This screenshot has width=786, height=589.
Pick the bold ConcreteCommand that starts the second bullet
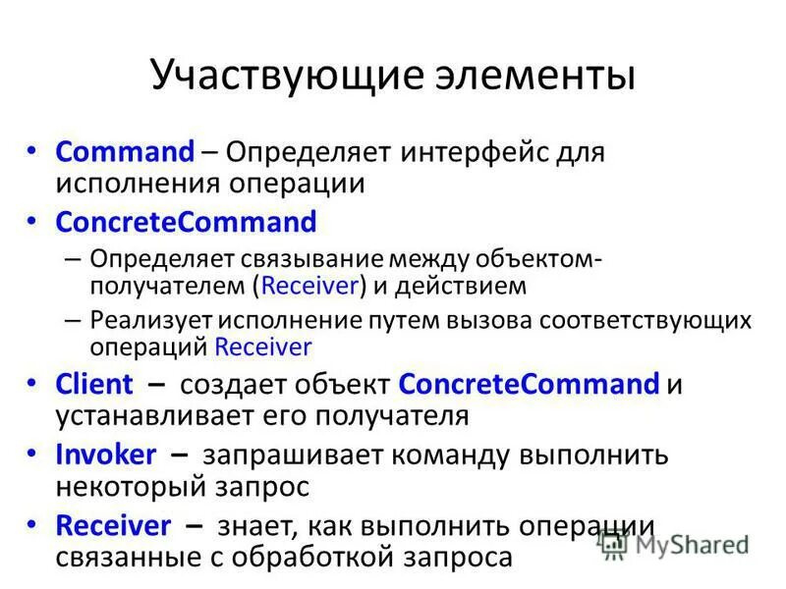click(187, 223)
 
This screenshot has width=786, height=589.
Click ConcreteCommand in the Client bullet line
click(531, 382)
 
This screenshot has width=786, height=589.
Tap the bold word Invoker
click(106, 455)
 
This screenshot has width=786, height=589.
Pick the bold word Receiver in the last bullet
click(114, 525)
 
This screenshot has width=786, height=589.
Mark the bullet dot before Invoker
click(33, 453)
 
